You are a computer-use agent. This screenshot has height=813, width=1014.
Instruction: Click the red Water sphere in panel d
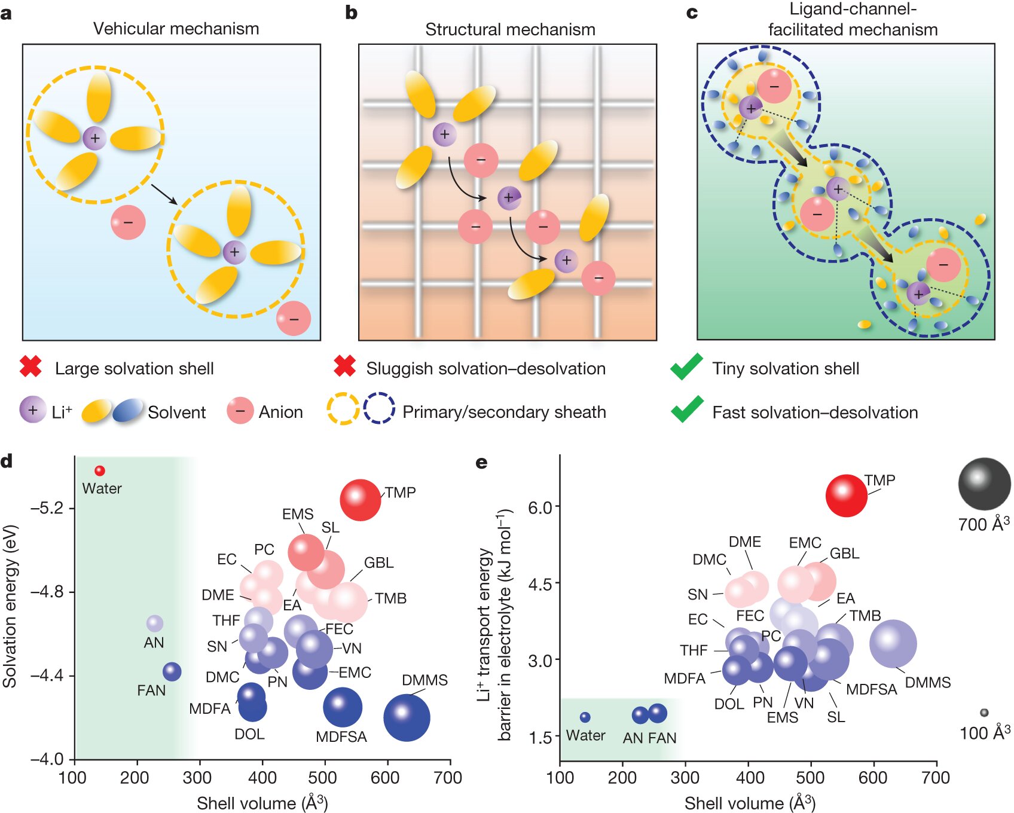click(100, 471)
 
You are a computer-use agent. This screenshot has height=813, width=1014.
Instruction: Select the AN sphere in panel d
click(155, 623)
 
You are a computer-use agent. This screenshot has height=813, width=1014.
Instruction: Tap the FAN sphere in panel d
click(172, 671)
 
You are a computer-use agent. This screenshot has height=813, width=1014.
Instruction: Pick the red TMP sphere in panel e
click(846, 496)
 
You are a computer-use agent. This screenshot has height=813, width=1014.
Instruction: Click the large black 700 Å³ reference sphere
click(984, 484)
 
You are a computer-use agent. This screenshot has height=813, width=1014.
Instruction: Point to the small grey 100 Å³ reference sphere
click(984, 713)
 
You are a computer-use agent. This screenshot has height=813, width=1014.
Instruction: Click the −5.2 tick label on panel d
click(47, 508)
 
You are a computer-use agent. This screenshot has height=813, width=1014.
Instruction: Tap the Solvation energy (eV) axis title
click(10, 606)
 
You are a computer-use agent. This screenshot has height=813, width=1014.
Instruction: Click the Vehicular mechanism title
click(176, 29)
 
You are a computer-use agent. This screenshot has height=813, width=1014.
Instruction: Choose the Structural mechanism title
click(510, 29)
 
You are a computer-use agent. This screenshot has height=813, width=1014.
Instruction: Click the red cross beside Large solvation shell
click(31, 367)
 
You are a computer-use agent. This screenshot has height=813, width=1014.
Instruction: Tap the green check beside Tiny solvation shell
click(686, 367)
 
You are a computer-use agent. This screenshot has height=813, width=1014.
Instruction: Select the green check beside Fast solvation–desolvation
click(686, 410)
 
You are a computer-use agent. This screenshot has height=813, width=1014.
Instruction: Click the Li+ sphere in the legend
click(32, 410)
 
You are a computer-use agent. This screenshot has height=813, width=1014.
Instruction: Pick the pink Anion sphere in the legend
click(240, 411)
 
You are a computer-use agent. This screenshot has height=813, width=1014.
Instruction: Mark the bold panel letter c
click(692, 13)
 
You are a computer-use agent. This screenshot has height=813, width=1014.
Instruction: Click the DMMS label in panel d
click(424, 680)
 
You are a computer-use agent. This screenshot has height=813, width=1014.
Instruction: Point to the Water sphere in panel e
click(585, 717)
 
